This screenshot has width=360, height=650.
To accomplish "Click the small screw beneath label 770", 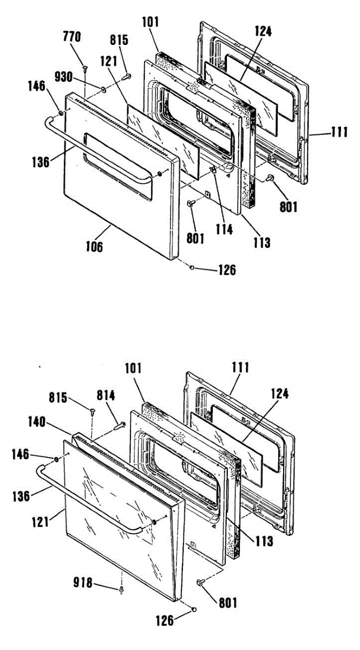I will (x=85, y=67).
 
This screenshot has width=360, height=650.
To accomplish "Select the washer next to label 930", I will (x=102, y=87).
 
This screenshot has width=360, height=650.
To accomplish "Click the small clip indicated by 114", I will (x=213, y=171).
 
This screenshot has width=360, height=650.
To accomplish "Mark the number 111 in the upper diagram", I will (x=339, y=132).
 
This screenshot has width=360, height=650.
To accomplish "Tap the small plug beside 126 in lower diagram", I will (x=194, y=610).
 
